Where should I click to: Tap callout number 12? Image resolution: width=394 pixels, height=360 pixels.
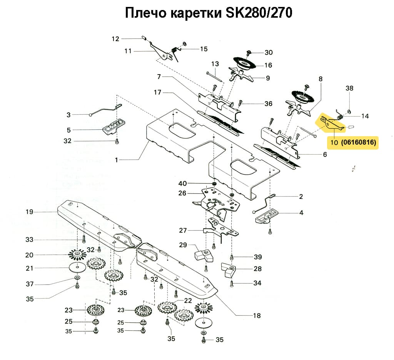coord(116,38)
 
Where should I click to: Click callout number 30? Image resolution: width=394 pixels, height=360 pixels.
coord(268,52)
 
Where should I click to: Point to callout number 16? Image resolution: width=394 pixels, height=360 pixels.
coord(268,65)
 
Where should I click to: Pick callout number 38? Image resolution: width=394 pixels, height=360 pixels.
coord(349,88)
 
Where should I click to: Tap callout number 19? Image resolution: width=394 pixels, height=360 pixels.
coord(30,212)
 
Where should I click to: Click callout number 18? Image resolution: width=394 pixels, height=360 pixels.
coord(257,316)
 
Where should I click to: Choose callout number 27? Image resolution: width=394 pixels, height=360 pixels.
coord(183,231)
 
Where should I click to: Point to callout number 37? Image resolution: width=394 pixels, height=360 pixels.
coord(30,284)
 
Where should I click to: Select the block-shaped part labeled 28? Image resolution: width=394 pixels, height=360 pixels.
coord(230,270)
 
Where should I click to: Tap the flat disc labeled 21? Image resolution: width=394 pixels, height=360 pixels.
coord(78,268)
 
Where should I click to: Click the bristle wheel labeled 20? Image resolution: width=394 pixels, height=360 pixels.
coord(78,254)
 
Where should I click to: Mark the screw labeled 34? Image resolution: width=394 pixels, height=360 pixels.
coord(232,284)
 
